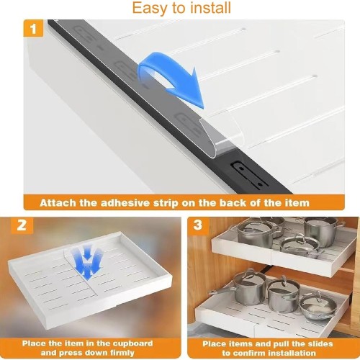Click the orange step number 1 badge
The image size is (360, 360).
pos(33,29)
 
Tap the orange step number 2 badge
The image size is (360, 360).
pos(22,225)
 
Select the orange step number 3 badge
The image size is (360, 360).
pos(198,225)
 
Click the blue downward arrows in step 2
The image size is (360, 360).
pos(88,263)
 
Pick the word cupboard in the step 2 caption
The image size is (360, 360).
pos(132,343)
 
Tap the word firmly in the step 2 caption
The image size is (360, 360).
pos(122,353)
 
